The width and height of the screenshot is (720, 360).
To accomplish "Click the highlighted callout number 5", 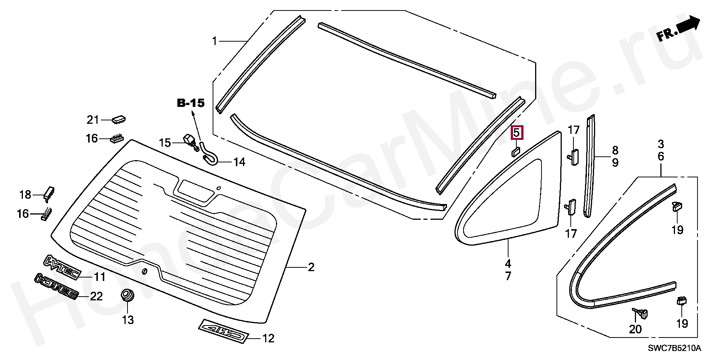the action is tap(516, 132).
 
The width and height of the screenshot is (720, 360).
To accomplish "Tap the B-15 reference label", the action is tap(191, 103).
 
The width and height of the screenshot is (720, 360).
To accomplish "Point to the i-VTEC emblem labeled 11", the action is tap(62, 267).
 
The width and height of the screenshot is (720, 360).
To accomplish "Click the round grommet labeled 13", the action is tap(128, 295).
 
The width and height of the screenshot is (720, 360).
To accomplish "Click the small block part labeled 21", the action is tap(118, 119).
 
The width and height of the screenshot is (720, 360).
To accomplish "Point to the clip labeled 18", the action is tap(49, 192).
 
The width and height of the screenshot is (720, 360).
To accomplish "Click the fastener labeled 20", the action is tap(640, 313).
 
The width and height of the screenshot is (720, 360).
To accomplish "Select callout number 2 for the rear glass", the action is tap(310, 267).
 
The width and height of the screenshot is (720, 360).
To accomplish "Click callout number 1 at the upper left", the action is tap(214, 41).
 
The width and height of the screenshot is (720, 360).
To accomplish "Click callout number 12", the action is tap(268, 339).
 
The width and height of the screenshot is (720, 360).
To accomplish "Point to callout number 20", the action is tap(635, 329).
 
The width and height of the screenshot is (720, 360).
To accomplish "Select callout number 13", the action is tap(128, 320).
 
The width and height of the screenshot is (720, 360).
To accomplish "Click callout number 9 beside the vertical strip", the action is tap(615, 163).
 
